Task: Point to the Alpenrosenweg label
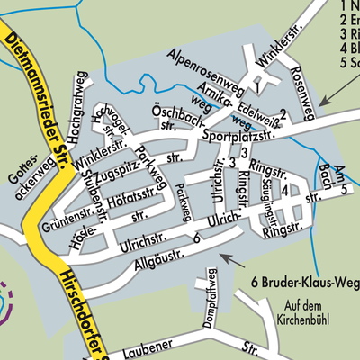tap(208, 72)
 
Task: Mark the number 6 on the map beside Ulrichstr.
tap(195, 238)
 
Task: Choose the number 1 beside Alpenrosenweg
tap(256, 89)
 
